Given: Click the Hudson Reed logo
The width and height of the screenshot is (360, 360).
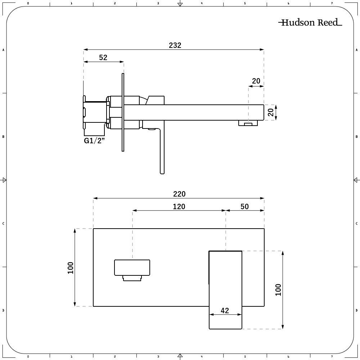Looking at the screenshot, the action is [310, 22].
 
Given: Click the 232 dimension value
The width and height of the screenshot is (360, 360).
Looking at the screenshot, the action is [175, 45].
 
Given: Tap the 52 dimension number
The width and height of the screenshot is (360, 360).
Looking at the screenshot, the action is [103, 57].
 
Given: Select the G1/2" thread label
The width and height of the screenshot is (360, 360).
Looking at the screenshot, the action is [94, 140].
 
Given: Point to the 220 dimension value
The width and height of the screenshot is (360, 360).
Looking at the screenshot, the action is [179, 194].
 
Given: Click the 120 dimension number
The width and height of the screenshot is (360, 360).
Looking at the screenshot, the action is [179, 206].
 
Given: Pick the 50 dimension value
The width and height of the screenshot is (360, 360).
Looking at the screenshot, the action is [244, 206].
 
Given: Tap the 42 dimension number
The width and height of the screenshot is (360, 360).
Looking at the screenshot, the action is [225, 310].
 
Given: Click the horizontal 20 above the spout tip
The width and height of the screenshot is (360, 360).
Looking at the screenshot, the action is [256, 81].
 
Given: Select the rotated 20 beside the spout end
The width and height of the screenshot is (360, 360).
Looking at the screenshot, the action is [271, 112].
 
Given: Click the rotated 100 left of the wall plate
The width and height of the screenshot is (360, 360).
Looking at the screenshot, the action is [70, 268].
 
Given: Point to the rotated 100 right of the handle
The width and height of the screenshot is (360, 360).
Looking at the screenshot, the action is [278, 290].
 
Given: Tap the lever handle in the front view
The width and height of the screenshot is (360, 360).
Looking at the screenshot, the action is [225, 290].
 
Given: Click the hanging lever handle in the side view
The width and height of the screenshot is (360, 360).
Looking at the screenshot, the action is [162, 147].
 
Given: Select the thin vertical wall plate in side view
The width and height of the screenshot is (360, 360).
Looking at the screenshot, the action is [123, 112].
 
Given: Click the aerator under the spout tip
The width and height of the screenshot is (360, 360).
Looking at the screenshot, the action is [248, 123].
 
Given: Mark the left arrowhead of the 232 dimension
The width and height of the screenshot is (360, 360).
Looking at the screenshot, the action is [85, 49].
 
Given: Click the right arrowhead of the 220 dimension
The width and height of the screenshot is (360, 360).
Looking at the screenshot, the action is [262, 198].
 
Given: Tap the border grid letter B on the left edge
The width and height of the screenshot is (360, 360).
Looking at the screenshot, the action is [3, 136].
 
